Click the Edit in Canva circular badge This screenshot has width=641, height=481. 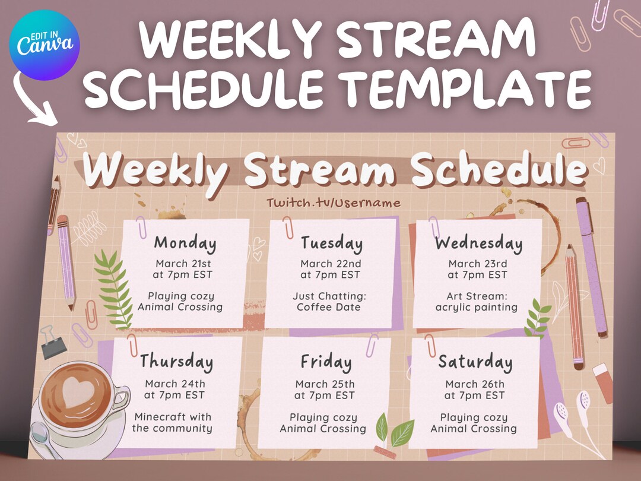coord(45,45)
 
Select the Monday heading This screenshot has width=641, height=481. coord(185,243)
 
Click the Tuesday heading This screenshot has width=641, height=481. coord(331,243)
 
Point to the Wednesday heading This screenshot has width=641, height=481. coord(478,243)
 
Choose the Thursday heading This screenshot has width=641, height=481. coord(176,361)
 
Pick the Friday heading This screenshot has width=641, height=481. coord(326,362)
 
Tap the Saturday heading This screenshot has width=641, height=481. coord(475,362)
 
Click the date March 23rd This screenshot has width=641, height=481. coord(478,264)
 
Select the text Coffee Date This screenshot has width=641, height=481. coord(328,307)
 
